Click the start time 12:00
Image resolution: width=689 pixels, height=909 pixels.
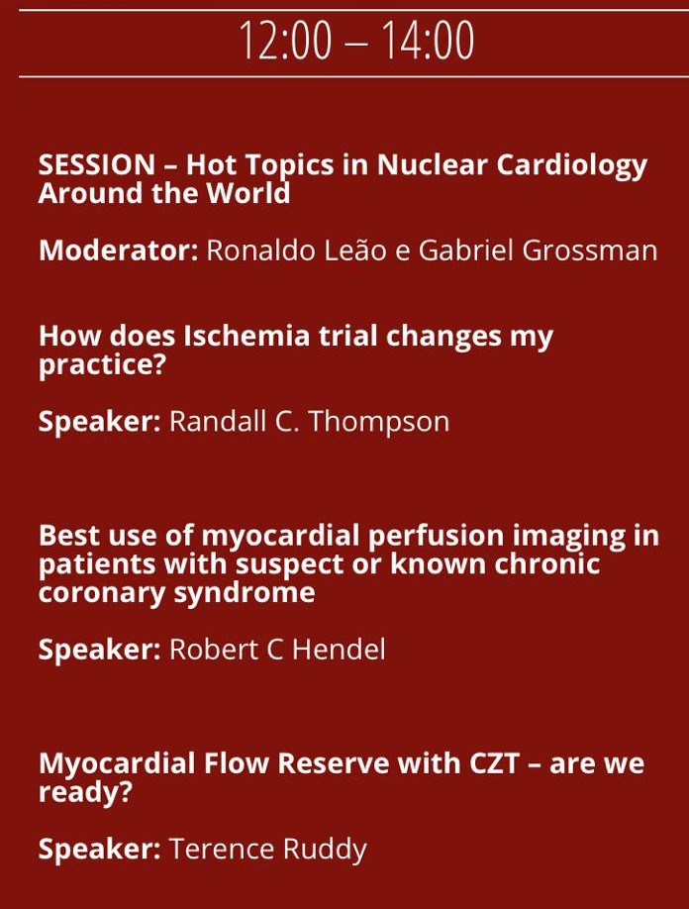[285, 41]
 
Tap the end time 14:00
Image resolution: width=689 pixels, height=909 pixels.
[428, 41]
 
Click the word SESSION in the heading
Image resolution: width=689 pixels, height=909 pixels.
[97, 164]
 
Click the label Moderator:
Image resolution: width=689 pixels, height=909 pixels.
[119, 251]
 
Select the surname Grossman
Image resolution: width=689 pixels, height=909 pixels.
[590, 251]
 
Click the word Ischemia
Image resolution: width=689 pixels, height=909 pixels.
[246, 337]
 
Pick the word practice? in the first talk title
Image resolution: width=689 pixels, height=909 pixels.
[102, 365]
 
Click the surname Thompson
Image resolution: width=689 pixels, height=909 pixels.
[378, 422]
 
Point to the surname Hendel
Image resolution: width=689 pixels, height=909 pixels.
[339, 650]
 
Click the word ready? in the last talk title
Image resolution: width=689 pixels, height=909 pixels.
[85, 792]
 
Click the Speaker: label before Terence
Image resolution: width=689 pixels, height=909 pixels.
[100, 850]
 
